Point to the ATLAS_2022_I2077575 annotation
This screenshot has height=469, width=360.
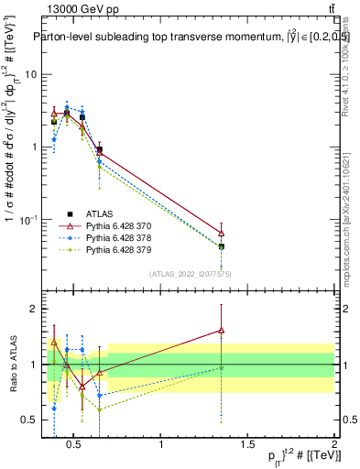pos(191,274)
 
